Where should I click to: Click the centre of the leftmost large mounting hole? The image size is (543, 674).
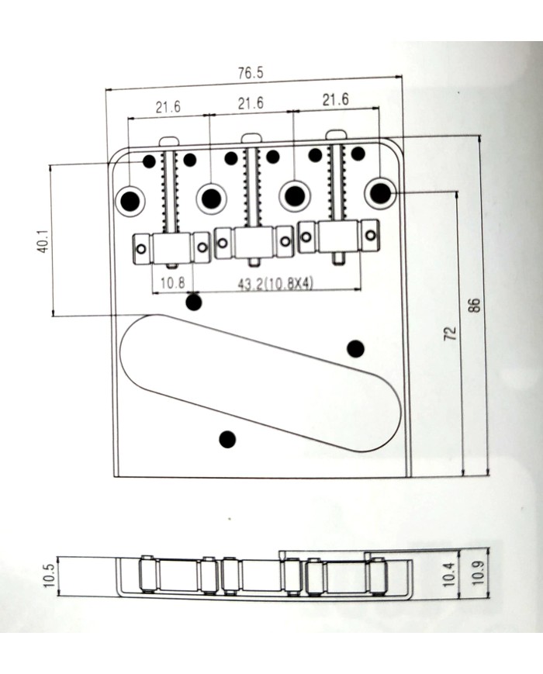[130, 200]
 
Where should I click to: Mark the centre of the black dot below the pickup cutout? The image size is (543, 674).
[227, 439]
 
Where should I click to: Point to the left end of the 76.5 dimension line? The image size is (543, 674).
[105, 90]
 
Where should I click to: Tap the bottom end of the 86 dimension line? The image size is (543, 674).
[488, 475]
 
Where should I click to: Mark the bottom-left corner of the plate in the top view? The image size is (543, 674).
[114, 477]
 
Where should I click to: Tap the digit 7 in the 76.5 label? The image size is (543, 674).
[241, 73]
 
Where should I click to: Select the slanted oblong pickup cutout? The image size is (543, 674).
[261, 383]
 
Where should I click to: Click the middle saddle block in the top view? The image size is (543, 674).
[254, 243]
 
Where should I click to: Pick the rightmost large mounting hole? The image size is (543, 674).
[379, 192]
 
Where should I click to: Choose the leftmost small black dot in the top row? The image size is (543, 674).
[149, 161]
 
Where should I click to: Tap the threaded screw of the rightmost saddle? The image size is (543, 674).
[338, 183]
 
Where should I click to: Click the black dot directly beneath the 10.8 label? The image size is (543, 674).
[193, 302]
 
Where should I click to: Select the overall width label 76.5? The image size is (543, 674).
[251, 73]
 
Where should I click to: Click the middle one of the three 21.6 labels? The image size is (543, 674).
[251, 103]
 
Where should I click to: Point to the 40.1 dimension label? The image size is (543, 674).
[43, 240]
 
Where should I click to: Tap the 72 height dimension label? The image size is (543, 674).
[450, 334]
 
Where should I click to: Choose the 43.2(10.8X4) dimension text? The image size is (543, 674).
[275, 283]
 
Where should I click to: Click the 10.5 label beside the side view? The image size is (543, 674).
[49, 575]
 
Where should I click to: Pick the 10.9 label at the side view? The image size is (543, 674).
[478, 573]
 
